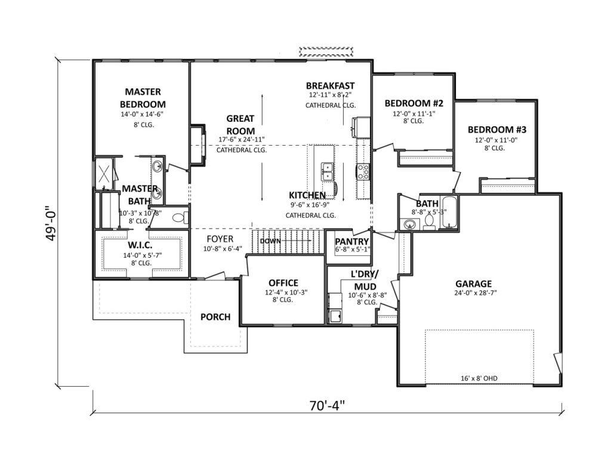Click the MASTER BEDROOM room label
[143, 98]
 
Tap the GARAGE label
[473, 284]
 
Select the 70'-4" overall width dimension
[328, 405]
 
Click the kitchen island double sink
[327, 172]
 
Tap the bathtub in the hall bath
[450, 212]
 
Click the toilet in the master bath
[180, 217]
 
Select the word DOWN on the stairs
[270, 241]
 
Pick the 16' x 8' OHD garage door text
[479, 378]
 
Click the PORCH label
[215, 317]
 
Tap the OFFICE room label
[283, 283]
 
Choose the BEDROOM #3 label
[497, 129]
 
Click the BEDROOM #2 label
[414, 103]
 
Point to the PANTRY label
[352, 242]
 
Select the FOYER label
[220, 239]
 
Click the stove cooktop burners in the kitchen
[363, 172]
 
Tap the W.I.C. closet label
[140, 245]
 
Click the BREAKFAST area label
[330, 85]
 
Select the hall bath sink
[409, 225]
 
